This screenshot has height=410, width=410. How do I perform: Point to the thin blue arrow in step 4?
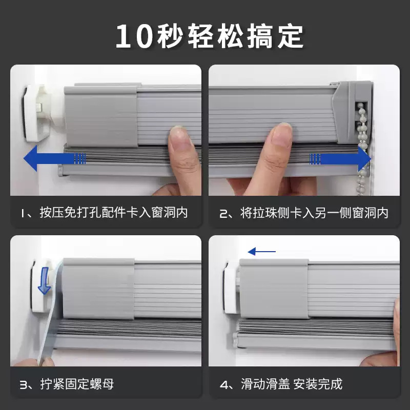[261, 252]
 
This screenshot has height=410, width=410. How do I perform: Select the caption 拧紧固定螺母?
[77, 384]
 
